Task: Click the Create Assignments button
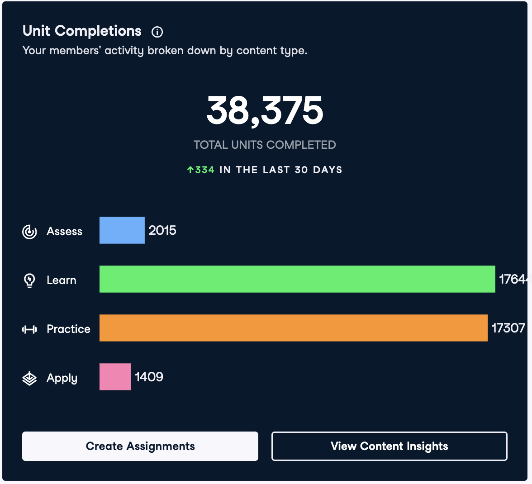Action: [140, 446]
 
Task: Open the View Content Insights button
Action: [389, 446]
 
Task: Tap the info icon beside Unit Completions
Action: [157, 32]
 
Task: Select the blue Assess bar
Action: [122, 230]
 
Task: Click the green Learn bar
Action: [297, 279]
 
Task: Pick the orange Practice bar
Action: [294, 328]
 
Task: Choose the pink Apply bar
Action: [115, 377]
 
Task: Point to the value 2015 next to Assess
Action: [162, 230]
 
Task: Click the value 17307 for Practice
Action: [508, 328]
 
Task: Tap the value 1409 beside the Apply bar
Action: [149, 377]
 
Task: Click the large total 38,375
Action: [265, 110]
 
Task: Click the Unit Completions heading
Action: [82, 31]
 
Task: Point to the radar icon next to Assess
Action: [29, 232]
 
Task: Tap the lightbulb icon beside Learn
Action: [29, 280]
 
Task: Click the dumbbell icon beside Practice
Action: [29, 329]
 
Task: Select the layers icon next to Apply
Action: [29, 378]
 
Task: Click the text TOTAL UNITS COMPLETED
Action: [265, 145]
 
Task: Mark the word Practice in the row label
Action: [68, 329]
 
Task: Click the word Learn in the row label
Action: [62, 280]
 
